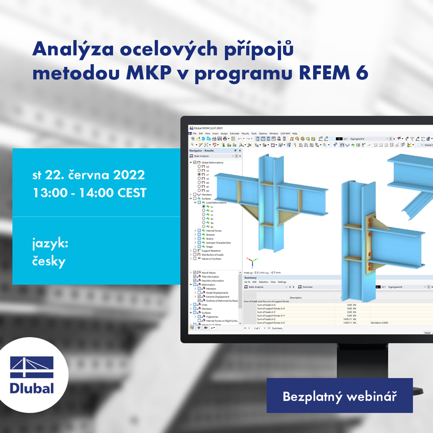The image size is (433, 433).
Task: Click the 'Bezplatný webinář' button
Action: click(x=339, y=396)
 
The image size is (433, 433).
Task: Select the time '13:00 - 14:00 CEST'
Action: click(x=89, y=193)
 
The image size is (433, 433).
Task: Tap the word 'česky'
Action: click(x=49, y=261)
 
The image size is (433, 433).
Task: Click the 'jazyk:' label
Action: click(x=50, y=243)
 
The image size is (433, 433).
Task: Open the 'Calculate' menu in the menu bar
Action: click(x=234, y=134)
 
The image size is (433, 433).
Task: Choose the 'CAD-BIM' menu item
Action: click(x=285, y=134)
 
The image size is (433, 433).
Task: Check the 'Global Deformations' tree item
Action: click(x=212, y=162)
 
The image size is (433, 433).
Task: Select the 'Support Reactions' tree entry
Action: click(x=211, y=251)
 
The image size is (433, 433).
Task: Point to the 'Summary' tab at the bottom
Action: click(x=277, y=328)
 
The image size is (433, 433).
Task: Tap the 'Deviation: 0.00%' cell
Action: click(x=379, y=323)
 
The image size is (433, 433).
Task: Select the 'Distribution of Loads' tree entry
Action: click(x=212, y=255)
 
